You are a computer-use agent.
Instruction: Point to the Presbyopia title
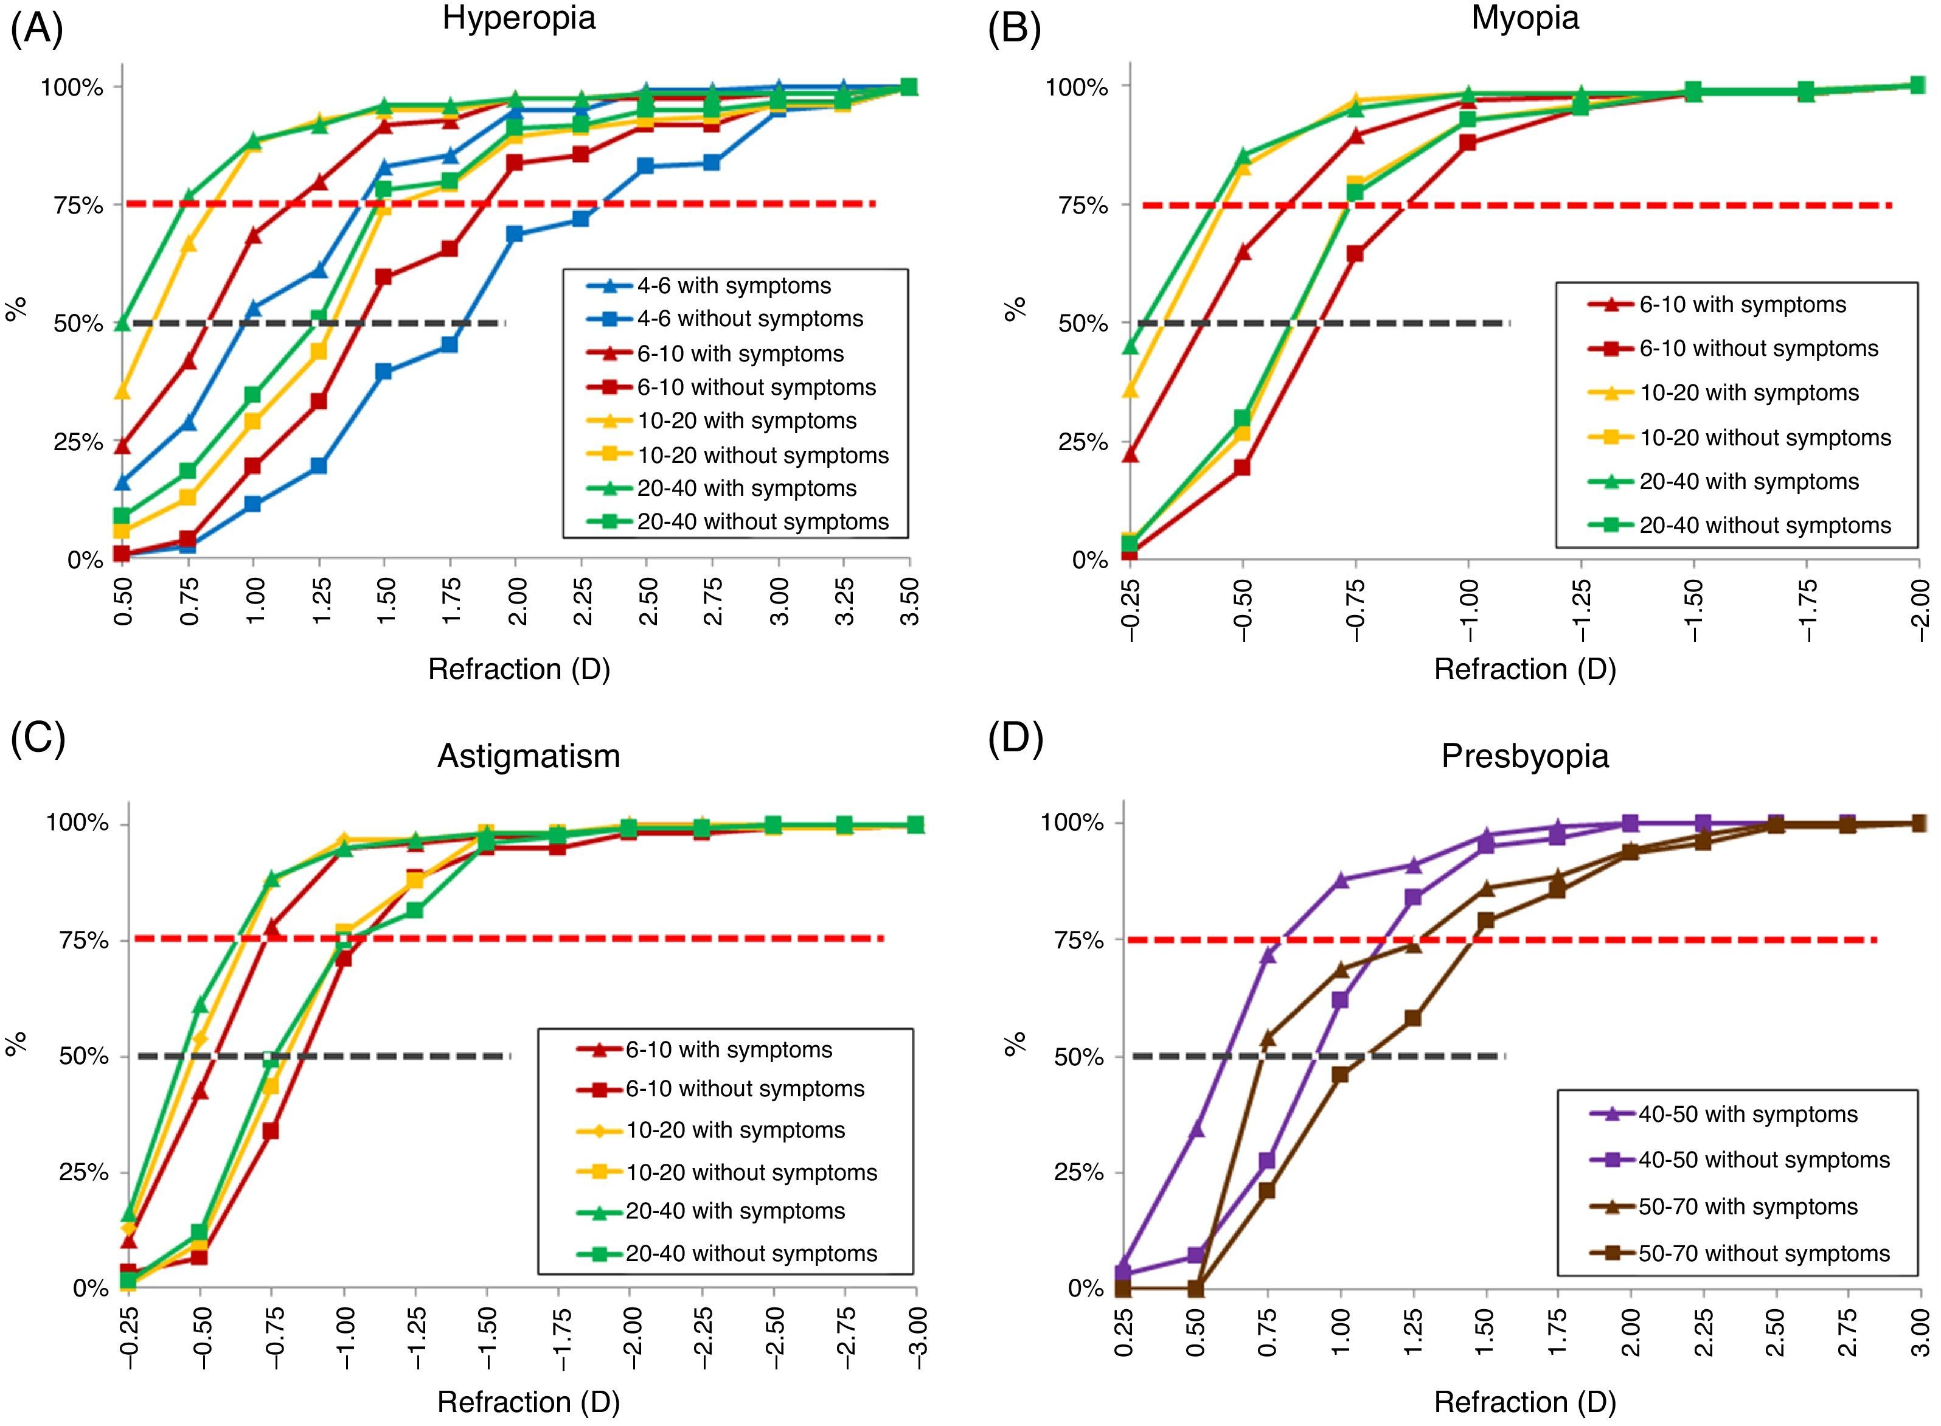(1525, 756)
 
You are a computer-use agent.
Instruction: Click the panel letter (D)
(1015, 739)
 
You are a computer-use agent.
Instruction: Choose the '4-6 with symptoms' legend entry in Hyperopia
(734, 286)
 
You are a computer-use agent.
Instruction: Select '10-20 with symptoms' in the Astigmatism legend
(735, 1130)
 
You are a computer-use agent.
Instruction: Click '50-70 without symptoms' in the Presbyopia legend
(1763, 1253)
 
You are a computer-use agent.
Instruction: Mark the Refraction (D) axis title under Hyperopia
(519, 669)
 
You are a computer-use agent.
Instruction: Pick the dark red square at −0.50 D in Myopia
(1242, 467)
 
